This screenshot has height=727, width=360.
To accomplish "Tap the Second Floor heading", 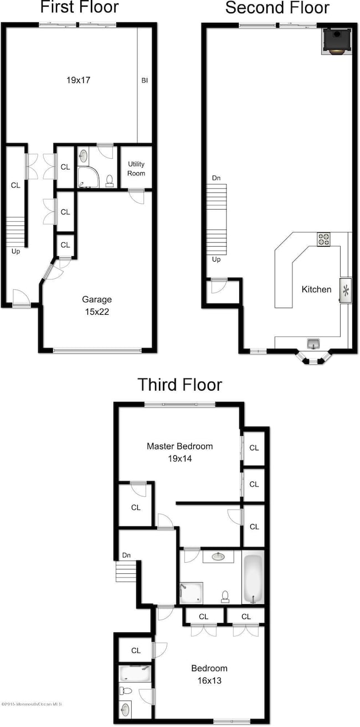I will tap(277, 8).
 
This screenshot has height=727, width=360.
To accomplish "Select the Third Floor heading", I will tap(179, 384).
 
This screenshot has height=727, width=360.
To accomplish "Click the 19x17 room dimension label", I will tap(78, 80).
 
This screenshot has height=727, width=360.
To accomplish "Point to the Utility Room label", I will tap(136, 169).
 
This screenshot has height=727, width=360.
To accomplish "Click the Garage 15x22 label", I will tap(97, 304).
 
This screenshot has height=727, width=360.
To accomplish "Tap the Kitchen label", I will tap(316, 289).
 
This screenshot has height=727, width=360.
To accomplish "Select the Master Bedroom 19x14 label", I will tap(179, 451).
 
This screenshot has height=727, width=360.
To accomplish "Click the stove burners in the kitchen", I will tap(324, 239).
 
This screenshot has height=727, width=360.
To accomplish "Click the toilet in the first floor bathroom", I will tap(110, 180).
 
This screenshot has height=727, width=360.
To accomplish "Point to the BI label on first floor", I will tap(144, 80).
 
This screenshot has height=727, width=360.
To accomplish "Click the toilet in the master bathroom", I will tap(225, 596).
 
